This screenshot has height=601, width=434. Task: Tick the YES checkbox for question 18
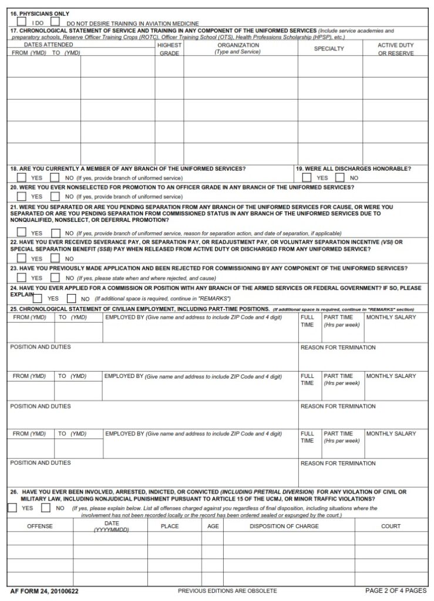pyautogui.click(x=22, y=177)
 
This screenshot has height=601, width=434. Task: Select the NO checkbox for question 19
pyautogui.click(x=339, y=177)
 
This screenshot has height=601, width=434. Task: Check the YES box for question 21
pyautogui.click(x=22, y=232)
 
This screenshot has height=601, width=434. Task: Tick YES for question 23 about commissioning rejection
pyautogui.click(x=22, y=277)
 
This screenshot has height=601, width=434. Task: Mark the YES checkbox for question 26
pyautogui.click(x=12, y=508)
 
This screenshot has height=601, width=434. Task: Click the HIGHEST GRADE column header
pyautogui.click(x=169, y=49)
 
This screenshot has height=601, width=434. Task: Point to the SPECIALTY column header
pyautogui.click(x=329, y=49)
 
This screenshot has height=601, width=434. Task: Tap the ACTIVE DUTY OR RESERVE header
pyautogui.click(x=396, y=49)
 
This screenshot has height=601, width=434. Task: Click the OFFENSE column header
pyautogui.click(x=40, y=526)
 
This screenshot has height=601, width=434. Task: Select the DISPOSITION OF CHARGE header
pyautogui.click(x=284, y=526)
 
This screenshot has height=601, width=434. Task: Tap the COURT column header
pyautogui.click(x=391, y=526)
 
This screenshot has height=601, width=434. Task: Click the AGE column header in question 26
pyautogui.click(x=213, y=526)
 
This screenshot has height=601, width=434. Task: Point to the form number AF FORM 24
pyautogui.click(x=44, y=591)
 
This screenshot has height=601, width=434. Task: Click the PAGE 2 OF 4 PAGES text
pyautogui.click(x=395, y=590)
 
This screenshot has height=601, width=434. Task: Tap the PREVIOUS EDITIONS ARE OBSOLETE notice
pyautogui.click(x=227, y=591)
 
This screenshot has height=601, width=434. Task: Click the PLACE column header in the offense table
pyautogui.click(x=170, y=526)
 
